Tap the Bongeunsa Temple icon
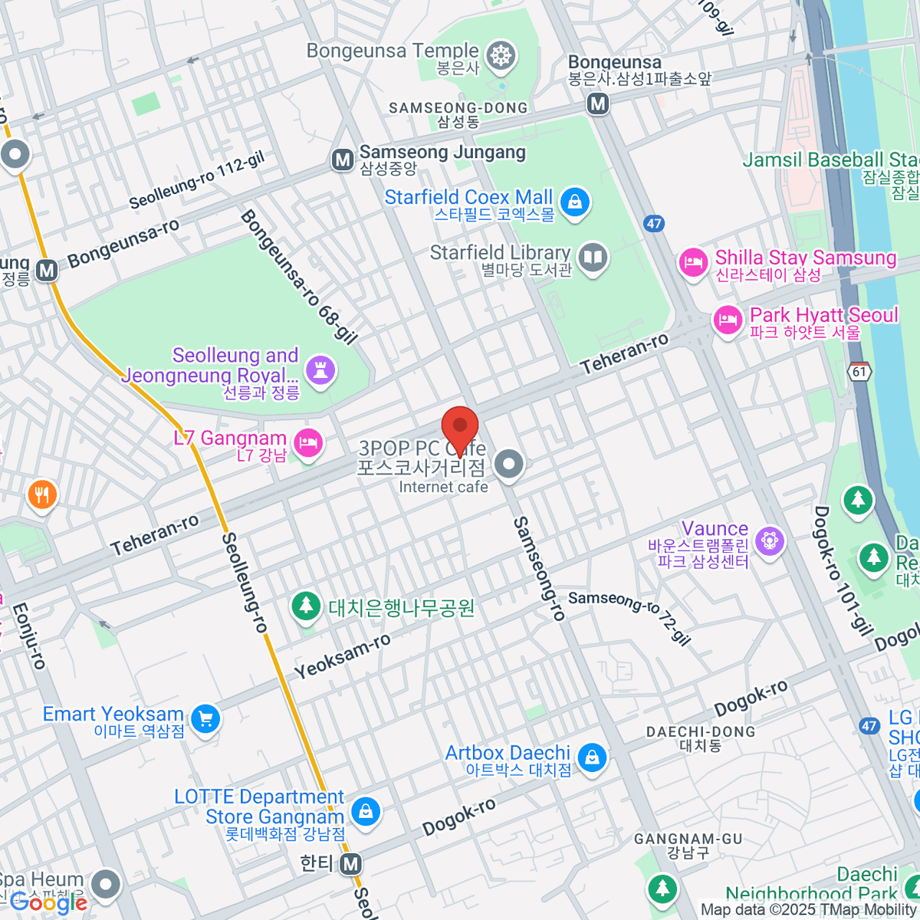pos(501,56)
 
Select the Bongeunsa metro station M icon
pos(598,103)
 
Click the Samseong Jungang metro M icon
pos(342,159)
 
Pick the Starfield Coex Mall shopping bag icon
pos(574,202)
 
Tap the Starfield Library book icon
pos(593,258)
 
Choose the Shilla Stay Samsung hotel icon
pos(693,264)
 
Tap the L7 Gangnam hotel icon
pos(308,443)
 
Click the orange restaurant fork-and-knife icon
pos(42,495)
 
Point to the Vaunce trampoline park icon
pos(769,541)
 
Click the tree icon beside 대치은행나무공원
pos(306,606)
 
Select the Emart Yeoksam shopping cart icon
pos(205,719)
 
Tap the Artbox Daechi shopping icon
pos(591,758)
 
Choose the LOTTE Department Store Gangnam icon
pos(366,810)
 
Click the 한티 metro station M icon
pos(351,864)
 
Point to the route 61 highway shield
pos(860,372)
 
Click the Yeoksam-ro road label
pos(342,657)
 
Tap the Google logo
pos(48,902)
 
